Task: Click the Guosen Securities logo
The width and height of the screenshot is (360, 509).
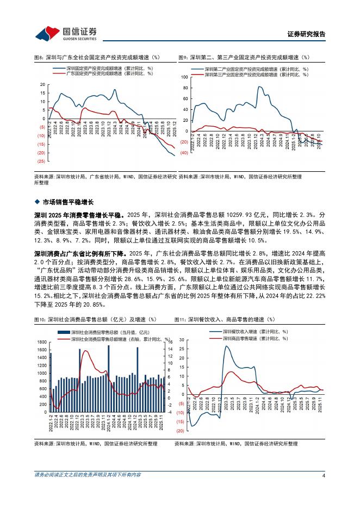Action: click(x=65, y=33)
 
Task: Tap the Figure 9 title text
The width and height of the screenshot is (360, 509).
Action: click(x=244, y=57)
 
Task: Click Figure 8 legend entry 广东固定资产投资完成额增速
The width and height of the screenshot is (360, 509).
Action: click(x=108, y=73)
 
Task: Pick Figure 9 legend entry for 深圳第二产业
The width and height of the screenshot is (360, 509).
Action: click(x=256, y=69)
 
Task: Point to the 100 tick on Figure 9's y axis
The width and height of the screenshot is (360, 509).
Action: click(x=184, y=78)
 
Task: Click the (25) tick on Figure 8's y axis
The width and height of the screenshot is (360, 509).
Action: click(x=41, y=162)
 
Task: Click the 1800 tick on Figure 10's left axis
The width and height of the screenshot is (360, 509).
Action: click(x=41, y=342)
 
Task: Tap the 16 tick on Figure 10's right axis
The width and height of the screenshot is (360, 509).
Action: click(x=170, y=342)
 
